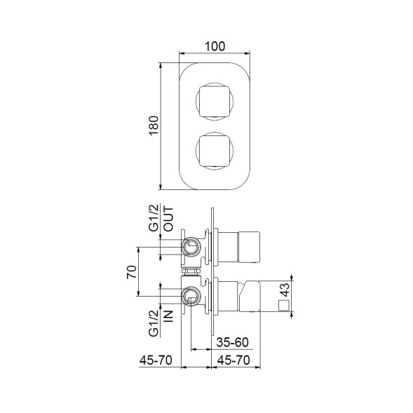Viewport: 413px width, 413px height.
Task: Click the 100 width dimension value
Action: pyautogui.click(x=216, y=46)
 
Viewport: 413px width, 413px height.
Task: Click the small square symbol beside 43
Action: pyautogui.click(x=284, y=306)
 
